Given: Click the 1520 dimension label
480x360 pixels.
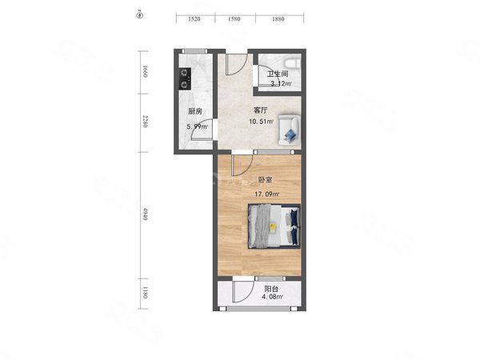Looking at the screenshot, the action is [x=194, y=19].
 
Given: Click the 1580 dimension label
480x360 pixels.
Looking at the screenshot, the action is [x=234, y=19].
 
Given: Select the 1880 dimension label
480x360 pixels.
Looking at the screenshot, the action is [x=278, y=19].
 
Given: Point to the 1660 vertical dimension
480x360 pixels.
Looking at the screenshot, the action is [x=145, y=71].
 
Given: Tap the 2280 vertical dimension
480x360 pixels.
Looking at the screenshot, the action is [x=145, y=122].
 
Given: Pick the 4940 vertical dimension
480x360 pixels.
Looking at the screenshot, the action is [x=145, y=214].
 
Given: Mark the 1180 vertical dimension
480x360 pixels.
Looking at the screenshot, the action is [x=145, y=292].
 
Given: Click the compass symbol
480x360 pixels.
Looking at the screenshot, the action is [x=140, y=14].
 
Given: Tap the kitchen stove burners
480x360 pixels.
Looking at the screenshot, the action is [x=185, y=78].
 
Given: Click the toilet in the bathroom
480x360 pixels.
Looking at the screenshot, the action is [x=292, y=63].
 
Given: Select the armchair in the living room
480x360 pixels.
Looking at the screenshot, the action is [x=289, y=130].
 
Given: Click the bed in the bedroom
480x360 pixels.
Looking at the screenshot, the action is [x=274, y=226].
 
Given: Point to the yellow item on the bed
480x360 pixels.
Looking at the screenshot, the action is [x=273, y=227].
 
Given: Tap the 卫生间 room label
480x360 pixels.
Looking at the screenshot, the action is [x=278, y=74].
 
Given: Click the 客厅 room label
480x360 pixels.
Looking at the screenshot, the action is [x=261, y=110].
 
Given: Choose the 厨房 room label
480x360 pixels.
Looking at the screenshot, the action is [x=195, y=111].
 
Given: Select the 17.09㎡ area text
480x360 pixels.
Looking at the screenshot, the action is [x=267, y=194].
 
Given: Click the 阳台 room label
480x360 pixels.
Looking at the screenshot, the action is [x=271, y=289].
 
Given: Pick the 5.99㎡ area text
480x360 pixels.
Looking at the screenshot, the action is [x=198, y=126].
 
